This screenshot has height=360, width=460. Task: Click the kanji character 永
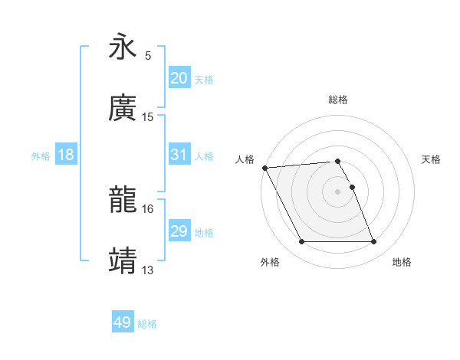click(x=123, y=48)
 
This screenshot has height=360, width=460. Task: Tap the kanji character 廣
click(x=123, y=108)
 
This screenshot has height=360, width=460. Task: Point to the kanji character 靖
click(x=123, y=260)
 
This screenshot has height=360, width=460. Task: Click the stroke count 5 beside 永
click(x=148, y=56)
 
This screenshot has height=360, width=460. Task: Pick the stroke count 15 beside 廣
click(x=148, y=116)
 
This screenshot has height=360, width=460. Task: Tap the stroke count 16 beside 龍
click(x=148, y=208)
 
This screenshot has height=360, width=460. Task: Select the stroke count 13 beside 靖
click(x=148, y=270)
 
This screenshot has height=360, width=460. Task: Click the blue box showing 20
click(x=179, y=77)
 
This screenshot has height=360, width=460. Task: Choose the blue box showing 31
click(x=179, y=155)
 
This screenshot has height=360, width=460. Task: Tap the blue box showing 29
click(x=179, y=231)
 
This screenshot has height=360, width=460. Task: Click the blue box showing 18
click(x=66, y=155)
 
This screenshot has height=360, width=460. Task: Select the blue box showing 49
click(x=122, y=322)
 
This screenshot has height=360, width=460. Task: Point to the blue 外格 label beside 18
click(x=41, y=155)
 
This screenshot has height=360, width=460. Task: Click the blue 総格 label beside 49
click(x=147, y=324)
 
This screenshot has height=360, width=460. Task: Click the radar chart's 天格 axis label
click(x=432, y=159)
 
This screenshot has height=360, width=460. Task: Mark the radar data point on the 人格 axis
click(x=265, y=168)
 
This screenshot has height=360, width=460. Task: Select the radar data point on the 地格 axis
click(x=373, y=242)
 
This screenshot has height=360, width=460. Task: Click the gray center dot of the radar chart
click(x=337, y=191)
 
